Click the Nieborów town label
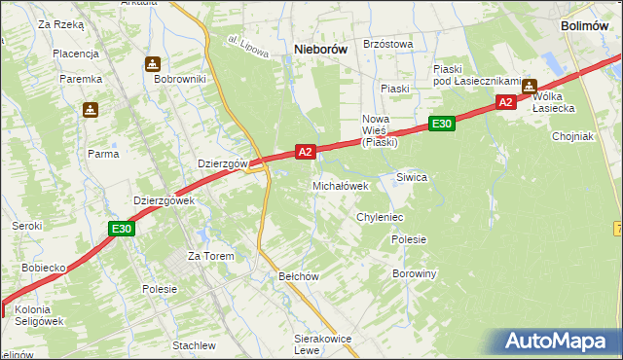click(x=320, y=49)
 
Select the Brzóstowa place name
click(x=388, y=44)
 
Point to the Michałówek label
click(x=340, y=185)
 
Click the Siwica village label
click(x=412, y=177)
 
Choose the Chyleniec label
click(x=380, y=217)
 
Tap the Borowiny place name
click(x=414, y=273)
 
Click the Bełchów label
click(x=299, y=276)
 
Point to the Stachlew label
click(x=194, y=345)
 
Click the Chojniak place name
click(x=572, y=136)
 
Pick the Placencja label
click(x=76, y=54)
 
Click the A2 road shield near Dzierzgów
click(x=305, y=152)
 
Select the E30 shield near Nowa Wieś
click(x=441, y=124)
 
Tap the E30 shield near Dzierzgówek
click(x=121, y=229)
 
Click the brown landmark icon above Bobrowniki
click(x=153, y=64)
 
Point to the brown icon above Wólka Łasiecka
click(x=530, y=86)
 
